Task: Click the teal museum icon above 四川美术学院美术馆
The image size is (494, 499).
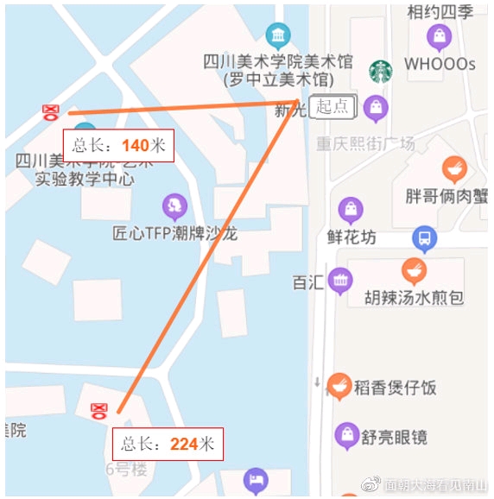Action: (x=278, y=35)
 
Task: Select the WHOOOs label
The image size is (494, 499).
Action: (x=440, y=64)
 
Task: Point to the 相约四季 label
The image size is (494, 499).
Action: (x=440, y=12)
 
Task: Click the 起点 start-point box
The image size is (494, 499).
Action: (x=332, y=106)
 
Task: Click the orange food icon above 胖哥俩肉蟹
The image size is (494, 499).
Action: (x=454, y=169)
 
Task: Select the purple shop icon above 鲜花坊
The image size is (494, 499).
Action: (x=351, y=210)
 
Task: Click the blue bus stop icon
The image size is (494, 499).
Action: (x=423, y=237)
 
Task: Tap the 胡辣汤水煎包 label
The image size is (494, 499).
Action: (x=414, y=298)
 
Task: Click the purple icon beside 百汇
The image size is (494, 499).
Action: (x=340, y=281)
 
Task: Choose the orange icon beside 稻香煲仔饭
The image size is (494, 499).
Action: (x=339, y=386)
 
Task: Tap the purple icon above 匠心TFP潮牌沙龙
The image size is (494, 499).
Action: (x=175, y=206)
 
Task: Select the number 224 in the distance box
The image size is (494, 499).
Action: (x=185, y=444)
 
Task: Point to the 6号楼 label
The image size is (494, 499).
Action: (x=127, y=471)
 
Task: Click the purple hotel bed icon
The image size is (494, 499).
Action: (x=256, y=481)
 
